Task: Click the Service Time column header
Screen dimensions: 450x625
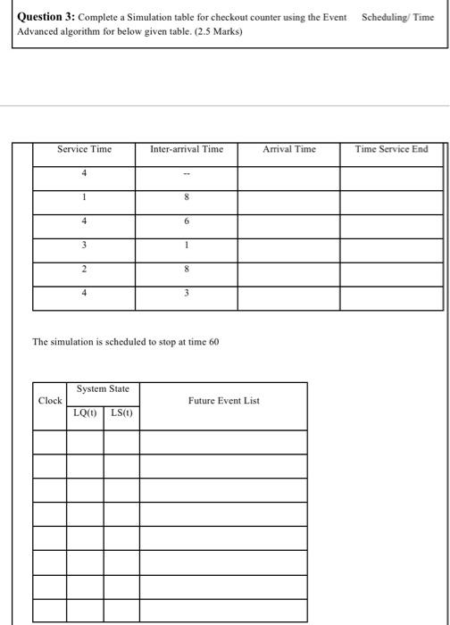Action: tap(84, 149)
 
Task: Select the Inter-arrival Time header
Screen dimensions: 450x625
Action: tap(187, 149)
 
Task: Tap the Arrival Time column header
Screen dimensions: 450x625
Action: tap(288, 149)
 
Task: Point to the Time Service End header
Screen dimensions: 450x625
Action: tap(391, 149)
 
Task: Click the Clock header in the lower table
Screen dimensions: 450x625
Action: tap(50, 401)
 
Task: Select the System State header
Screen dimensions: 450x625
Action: tap(103, 389)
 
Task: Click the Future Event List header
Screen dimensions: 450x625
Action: tap(223, 401)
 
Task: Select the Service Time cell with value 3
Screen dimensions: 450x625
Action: tap(84, 246)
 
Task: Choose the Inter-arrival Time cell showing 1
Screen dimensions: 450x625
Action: tap(187, 246)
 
